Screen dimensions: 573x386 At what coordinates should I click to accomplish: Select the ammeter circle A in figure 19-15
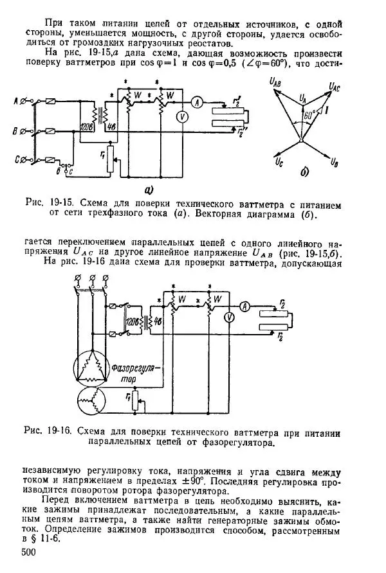(199, 101)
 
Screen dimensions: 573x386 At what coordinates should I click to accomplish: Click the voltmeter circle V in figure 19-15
(183, 117)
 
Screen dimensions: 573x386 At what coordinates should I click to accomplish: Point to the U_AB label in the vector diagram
(277, 82)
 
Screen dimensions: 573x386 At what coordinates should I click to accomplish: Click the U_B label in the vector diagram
(336, 172)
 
